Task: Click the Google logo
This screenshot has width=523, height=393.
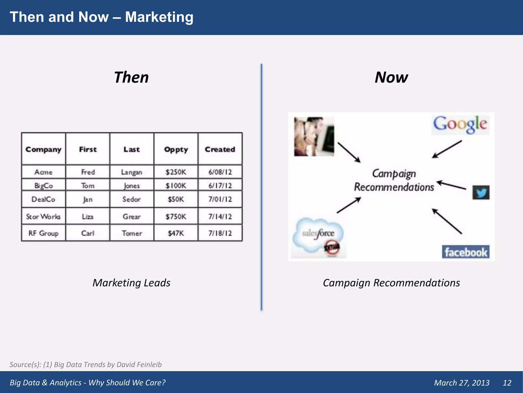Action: [x=460, y=125]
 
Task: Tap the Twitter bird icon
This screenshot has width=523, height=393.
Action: [x=481, y=192]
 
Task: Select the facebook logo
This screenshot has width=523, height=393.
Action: [x=466, y=252]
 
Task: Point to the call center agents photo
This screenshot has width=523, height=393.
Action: [x=314, y=136]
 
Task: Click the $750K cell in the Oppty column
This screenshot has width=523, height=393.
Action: [x=176, y=216]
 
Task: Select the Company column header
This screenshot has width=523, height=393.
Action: [x=43, y=149]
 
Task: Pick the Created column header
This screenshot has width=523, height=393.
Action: [x=220, y=149]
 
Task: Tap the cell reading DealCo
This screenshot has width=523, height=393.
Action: [x=43, y=199]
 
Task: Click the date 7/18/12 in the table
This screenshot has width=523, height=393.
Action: [x=220, y=233]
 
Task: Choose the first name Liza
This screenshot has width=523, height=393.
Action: [x=88, y=216]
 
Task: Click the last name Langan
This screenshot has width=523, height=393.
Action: [x=132, y=172]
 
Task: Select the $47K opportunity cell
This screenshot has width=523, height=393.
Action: [x=176, y=233]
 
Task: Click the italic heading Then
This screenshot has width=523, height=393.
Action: [x=131, y=77]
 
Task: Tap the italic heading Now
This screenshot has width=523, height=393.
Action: [x=391, y=77]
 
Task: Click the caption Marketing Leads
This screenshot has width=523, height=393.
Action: [x=131, y=283]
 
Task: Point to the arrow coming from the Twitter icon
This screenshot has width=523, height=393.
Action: [x=451, y=185]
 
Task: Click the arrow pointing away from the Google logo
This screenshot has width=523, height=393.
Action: [x=447, y=149]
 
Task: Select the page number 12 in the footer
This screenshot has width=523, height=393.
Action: [x=507, y=383]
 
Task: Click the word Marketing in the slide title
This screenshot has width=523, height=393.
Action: [x=159, y=17]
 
